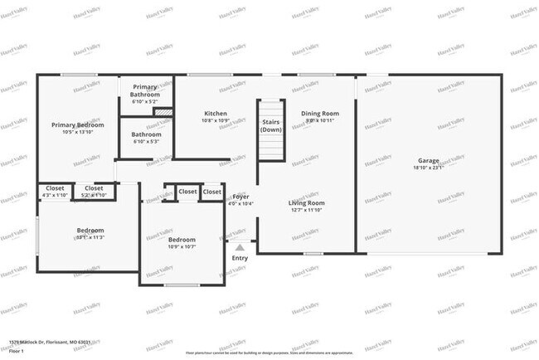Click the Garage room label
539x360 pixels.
[x=429, y=160]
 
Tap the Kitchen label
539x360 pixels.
[x=216, y=113]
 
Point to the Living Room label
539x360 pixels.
[x=306, y=202]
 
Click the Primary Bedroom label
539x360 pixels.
[x=78, y=124]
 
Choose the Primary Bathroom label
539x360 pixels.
[x=146, y=90]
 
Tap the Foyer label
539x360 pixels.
[x=240, y=197]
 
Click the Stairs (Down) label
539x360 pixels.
[x=271, y=126]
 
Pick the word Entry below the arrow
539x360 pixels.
[x=240, y=258]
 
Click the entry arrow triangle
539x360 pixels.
[x=240, y=246]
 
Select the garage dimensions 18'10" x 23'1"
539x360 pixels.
[x=429, y=168]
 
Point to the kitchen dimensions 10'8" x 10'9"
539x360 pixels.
[x=216, y=120]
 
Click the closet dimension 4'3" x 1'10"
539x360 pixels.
[x=55, y=195]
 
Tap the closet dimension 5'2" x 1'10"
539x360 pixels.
[x=94, y=195]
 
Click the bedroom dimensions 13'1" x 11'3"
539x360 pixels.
[x=90, y=237]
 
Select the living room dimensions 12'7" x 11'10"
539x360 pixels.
[x=306, y=210]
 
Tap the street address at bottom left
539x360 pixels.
[x=50, y=342]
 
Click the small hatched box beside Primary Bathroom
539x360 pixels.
[x=163, y=111]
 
